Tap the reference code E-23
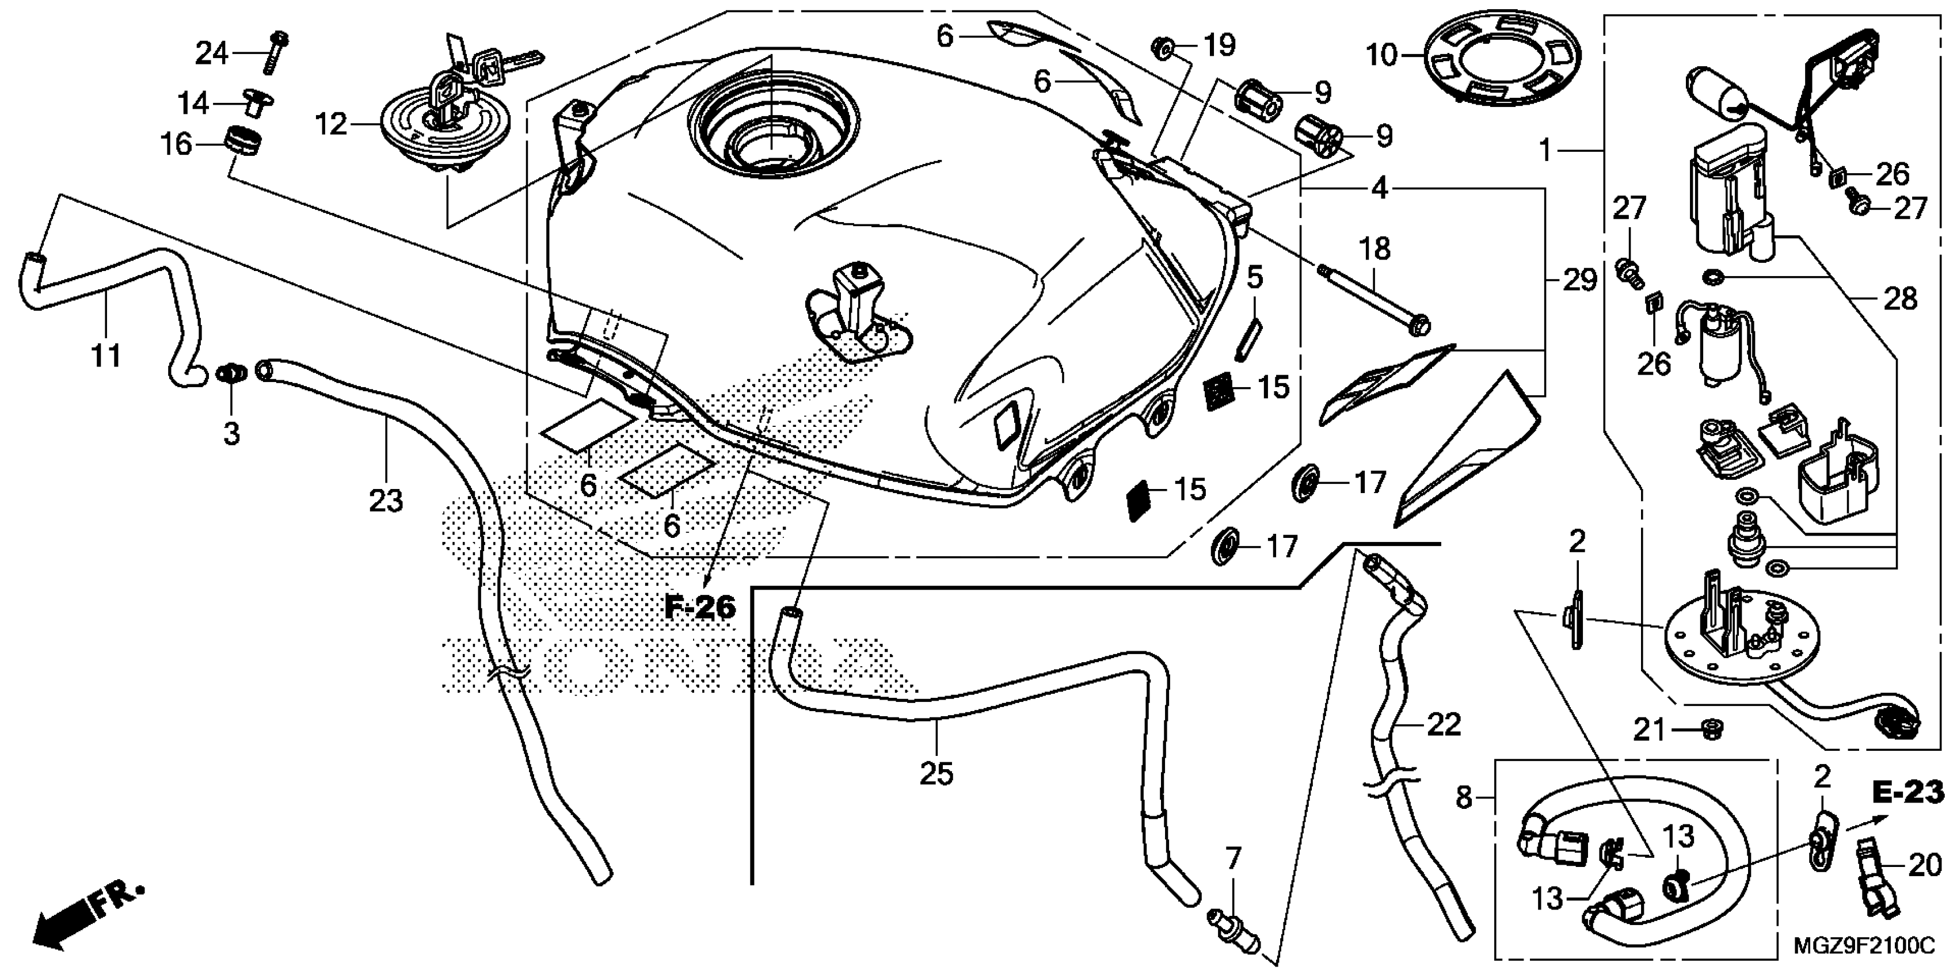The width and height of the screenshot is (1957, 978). tap(1907, 793)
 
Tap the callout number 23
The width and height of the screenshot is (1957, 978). tap(386, 501)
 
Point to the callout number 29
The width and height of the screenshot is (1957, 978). tap(1579, 281)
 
